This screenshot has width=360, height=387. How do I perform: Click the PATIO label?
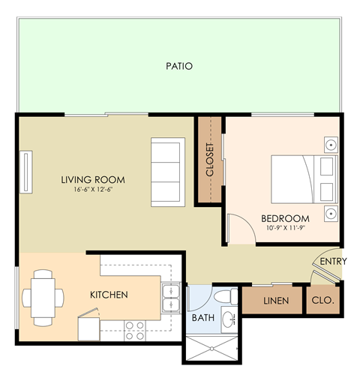[x=179, y=67]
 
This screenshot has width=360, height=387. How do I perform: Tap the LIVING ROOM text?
[x=93, y=180]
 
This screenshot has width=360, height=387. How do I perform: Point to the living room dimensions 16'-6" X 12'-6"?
[x=93, y=190]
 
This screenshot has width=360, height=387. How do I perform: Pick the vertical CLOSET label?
[x=209, y=160]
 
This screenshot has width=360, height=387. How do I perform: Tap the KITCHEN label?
[x=109, y=295]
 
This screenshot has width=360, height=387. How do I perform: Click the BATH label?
[x=202, y=318]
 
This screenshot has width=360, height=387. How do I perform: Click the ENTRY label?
[x=332, y=262]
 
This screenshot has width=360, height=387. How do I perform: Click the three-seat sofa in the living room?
[x=166, y=172]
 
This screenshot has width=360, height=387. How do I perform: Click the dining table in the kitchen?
[x=38, y=298]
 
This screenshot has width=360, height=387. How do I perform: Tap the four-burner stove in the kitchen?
[x=135, y=326]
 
